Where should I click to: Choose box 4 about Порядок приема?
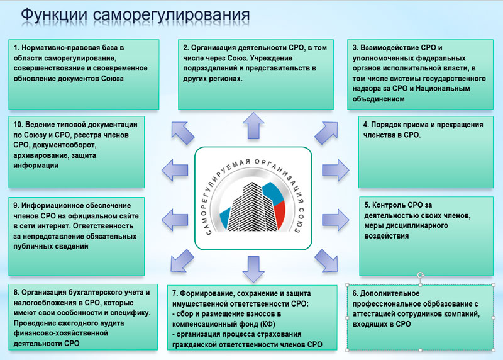click(x=424, y=152)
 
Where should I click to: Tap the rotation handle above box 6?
click(x=420, y=276)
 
